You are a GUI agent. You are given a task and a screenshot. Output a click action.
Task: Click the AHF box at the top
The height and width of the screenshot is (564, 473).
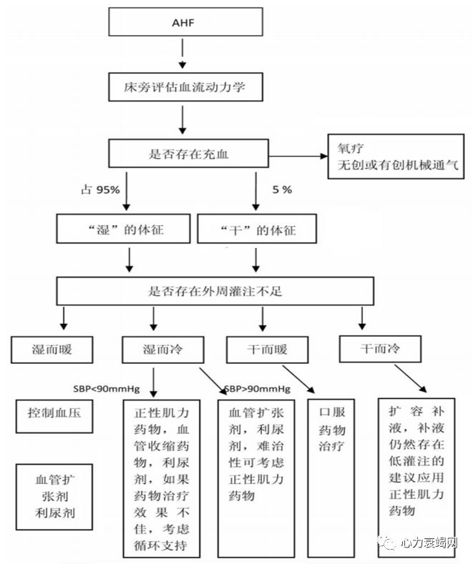[x=184, y=22]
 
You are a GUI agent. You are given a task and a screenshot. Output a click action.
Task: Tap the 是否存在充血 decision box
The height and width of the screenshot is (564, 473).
[x=184, y=153]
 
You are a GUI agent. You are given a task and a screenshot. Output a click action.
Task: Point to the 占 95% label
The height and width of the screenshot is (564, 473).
[x=100, y=190]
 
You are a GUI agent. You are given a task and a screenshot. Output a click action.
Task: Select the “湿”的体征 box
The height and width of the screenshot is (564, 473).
[x=124, y=230]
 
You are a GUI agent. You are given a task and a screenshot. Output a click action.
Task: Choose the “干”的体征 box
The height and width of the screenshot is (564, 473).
[x=255, y=230]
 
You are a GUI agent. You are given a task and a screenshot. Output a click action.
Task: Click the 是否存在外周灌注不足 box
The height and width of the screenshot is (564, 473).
[x=215, y=291]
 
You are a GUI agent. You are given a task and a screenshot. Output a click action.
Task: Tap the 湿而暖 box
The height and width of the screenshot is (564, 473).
[x=52, y=350]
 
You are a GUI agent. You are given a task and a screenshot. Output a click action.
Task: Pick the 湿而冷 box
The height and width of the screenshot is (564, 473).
[x=163, y=350]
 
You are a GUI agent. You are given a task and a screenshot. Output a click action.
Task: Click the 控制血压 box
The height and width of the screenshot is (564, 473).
[x=54, y=415]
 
